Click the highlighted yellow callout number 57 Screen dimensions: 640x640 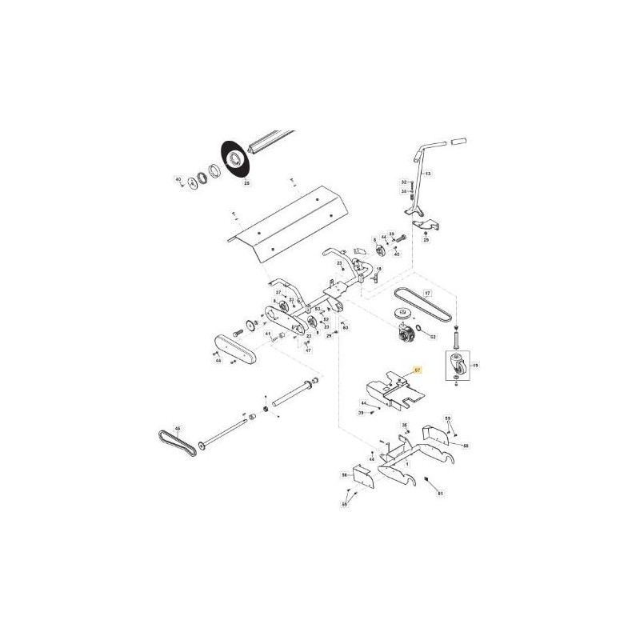click(416, 370)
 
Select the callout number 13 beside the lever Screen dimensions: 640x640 click(427, 174)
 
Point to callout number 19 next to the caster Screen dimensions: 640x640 click(475, 366)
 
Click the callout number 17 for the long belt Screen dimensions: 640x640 click(427, 294)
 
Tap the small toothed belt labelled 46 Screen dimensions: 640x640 click(176, 441)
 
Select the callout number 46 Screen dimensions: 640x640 click(178, 429)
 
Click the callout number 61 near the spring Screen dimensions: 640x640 click(440, 494)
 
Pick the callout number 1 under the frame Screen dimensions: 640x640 click(406, 463)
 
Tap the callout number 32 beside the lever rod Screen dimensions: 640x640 click(404, 182)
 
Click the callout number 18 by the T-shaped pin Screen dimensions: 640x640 click(378, 270)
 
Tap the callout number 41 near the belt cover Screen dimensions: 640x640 click(268, 333)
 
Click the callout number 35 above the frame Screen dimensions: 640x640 click(405, 425)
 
